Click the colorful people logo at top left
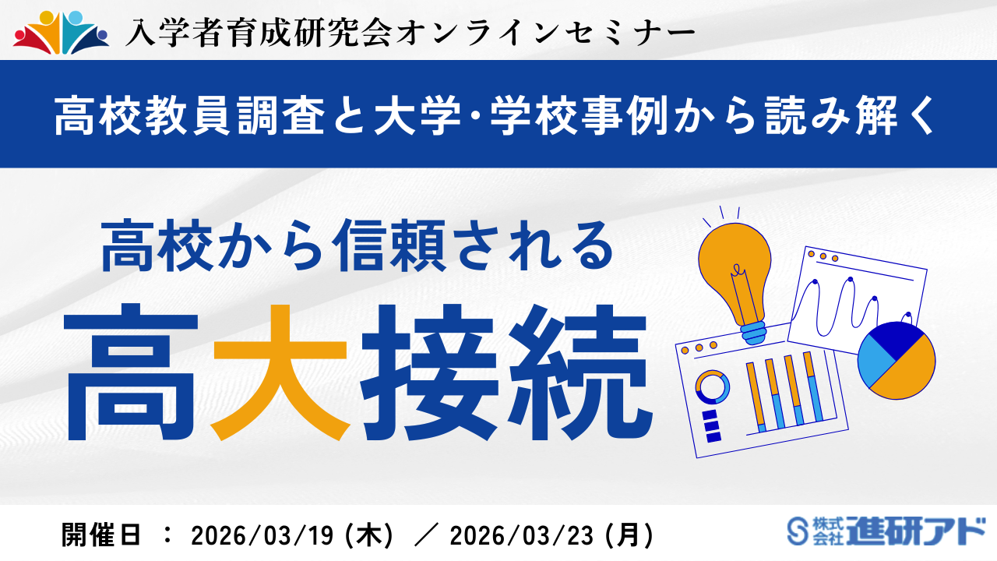[x=61, y=33]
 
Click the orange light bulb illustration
[x=736, y=265]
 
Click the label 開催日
[x=102, y=535]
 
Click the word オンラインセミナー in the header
[x=545, y=32]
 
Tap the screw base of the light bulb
[x=752, y=331]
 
